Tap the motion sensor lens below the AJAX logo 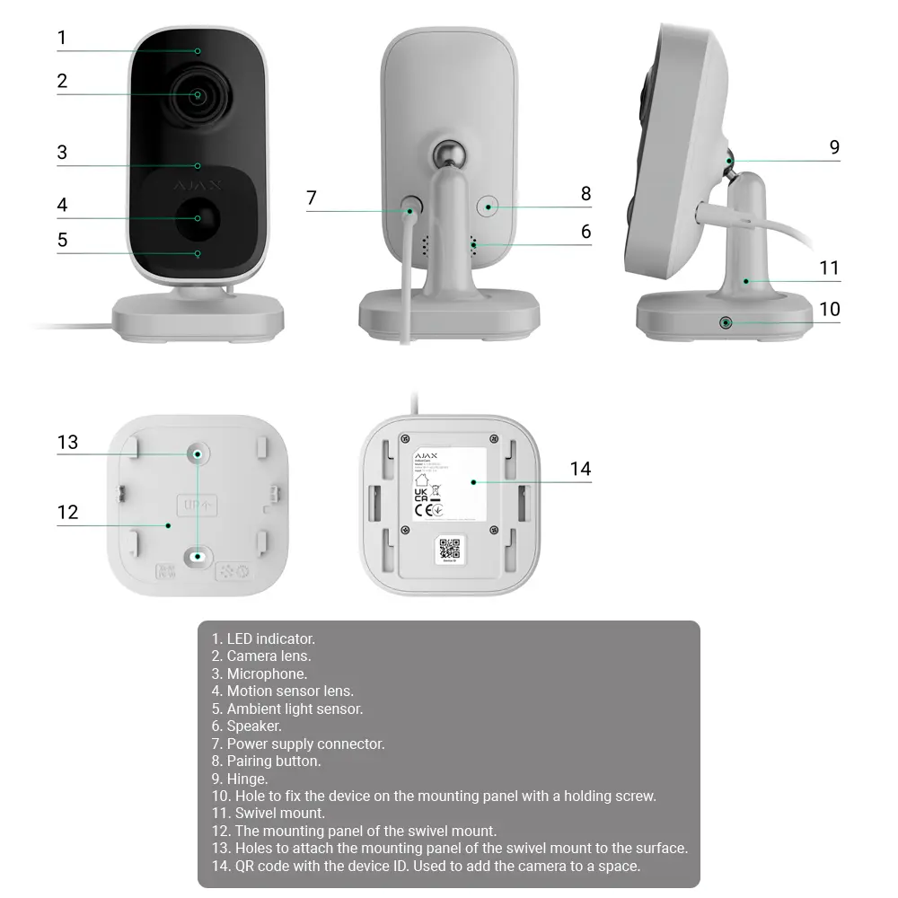click(198, 218)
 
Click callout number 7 click(312, 198)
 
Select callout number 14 click(580, 469)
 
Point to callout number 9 click(834, 147)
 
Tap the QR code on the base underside click(450, 549)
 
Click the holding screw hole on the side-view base click(725, 322)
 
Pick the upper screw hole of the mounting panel click(197, 454)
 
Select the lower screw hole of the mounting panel click(198, 557)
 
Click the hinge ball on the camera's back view click(445, 154)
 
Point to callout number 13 click(68, 442)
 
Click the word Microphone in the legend click(267, 673)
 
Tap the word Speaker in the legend click(254, 726)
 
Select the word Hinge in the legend click(247, 779)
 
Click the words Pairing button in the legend click(273, 762)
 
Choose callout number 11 click(829, 268)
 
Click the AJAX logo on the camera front click(198, 185)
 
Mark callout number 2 click(62, 81)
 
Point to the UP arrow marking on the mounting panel click(198, 505)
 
